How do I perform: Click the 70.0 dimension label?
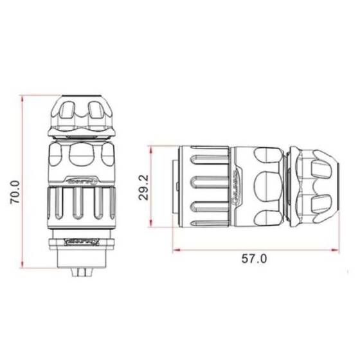15,192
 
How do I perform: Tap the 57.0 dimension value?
254,259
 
